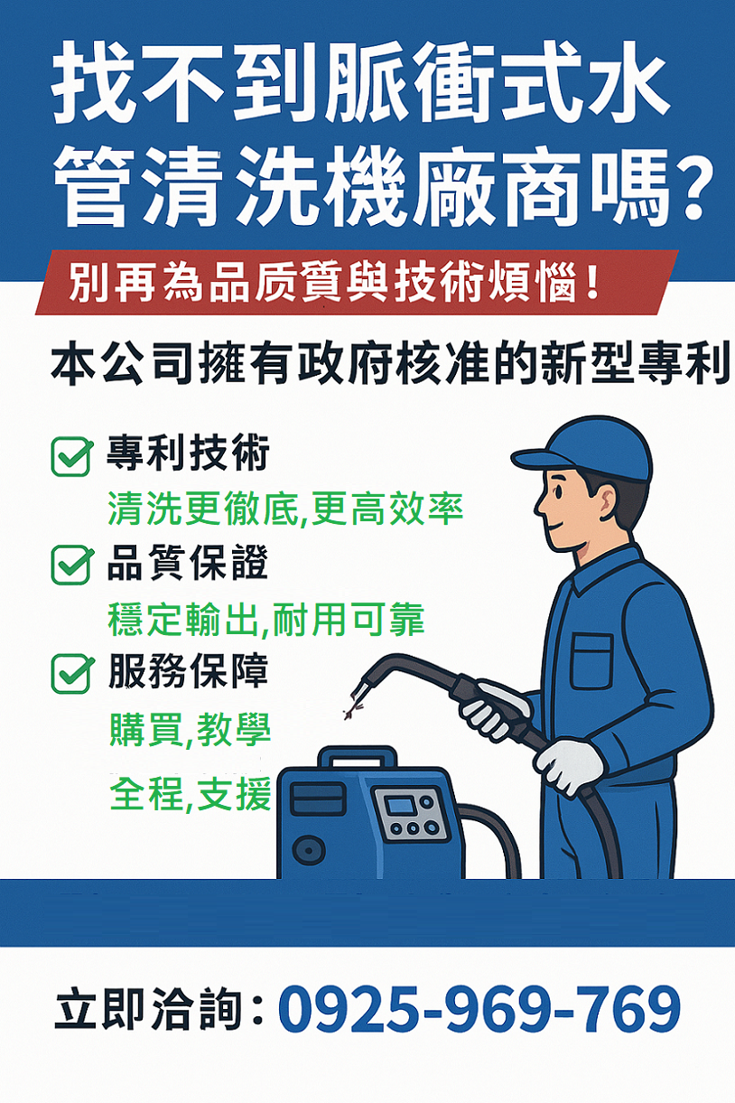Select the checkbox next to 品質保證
(x=72, y=566)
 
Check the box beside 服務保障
(x=72, y=674)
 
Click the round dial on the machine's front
(x=309, y=850)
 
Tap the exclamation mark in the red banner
(x=592, y=283)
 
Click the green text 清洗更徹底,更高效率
(x=285, y=509)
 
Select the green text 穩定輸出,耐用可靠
(x=265, y=619)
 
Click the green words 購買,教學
(x=190, y=730)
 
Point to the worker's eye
(x=560, y=492)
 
